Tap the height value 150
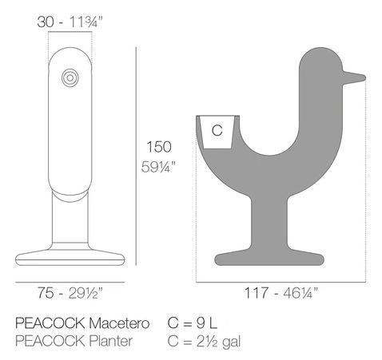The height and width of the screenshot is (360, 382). coord(158,146)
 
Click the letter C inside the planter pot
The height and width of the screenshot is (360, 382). coord(217,130)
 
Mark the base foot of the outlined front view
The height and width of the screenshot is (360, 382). coord(71,256)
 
